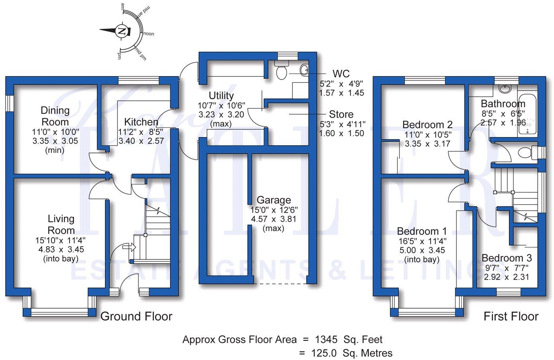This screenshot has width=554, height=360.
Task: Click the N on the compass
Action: [123, 31]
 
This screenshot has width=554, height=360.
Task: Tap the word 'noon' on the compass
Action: [148, 34]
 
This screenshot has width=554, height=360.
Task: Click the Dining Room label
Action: [55, 116]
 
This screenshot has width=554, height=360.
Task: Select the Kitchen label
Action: [141, 122]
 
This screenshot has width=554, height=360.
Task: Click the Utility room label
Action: [221, 96]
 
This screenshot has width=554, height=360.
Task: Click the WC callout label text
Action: [341, 74]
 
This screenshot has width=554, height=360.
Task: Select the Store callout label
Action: [341, 115]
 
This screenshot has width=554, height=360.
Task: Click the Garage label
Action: [274, 200]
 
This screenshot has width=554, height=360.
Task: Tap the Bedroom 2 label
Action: [427, 125]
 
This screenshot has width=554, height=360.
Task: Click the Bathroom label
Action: [503, 104]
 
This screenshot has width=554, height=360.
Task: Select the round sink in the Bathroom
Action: [506, 88]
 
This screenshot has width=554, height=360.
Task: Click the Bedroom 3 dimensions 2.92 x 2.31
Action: [507, 277]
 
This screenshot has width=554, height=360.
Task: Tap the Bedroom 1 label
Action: [422, 231]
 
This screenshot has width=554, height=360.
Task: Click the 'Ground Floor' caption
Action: [136, 317]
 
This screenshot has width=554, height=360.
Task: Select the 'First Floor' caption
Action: [511, 317]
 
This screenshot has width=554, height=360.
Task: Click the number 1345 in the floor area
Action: [326, 340]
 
